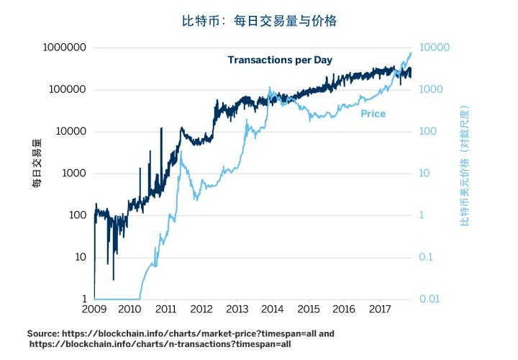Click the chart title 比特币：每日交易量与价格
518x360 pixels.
[259, 21]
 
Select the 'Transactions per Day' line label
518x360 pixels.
[280, 60]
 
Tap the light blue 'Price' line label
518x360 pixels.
[373, 114]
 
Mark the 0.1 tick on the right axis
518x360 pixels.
[427, 257]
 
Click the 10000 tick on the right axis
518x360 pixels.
[435, 48]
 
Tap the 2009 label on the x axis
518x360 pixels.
[94, 310]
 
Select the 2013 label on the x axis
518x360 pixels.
[237, 310]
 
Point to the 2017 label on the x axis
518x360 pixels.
[379, 310]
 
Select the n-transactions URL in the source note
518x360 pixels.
[160, 344]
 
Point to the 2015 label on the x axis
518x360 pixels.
[308, 310]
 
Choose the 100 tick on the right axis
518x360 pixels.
[428, 132]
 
